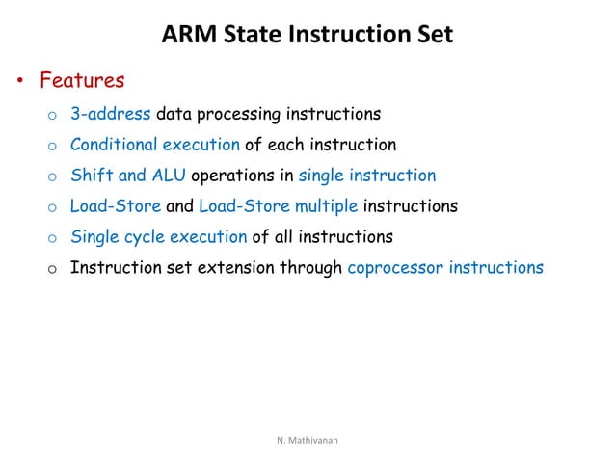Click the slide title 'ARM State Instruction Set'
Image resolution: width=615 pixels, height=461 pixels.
tap(307, 36)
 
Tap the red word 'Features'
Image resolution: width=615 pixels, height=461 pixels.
tap(82, 81)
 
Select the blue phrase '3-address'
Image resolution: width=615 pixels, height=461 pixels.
tap(110, 115)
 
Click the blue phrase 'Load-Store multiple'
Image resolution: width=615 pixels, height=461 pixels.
tap(277, 206)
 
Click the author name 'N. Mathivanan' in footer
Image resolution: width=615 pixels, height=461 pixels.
tap(307, 440)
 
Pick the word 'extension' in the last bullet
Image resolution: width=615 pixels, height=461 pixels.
tap(238, 267)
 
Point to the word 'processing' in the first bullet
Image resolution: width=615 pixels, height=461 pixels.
tap(234, 115)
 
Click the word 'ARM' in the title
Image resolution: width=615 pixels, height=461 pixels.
tap(184, 36)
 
